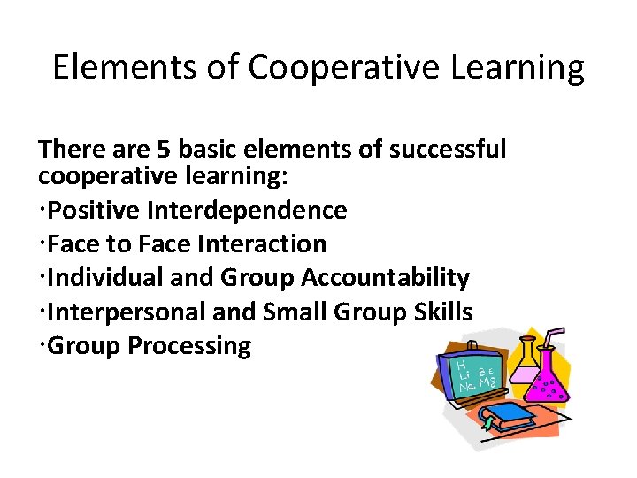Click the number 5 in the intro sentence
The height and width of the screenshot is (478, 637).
coord(135,148)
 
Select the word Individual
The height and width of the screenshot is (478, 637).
coord(98,277)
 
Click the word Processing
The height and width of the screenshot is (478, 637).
coord(189,345)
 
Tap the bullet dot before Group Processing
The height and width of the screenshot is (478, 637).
coord(42,345)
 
